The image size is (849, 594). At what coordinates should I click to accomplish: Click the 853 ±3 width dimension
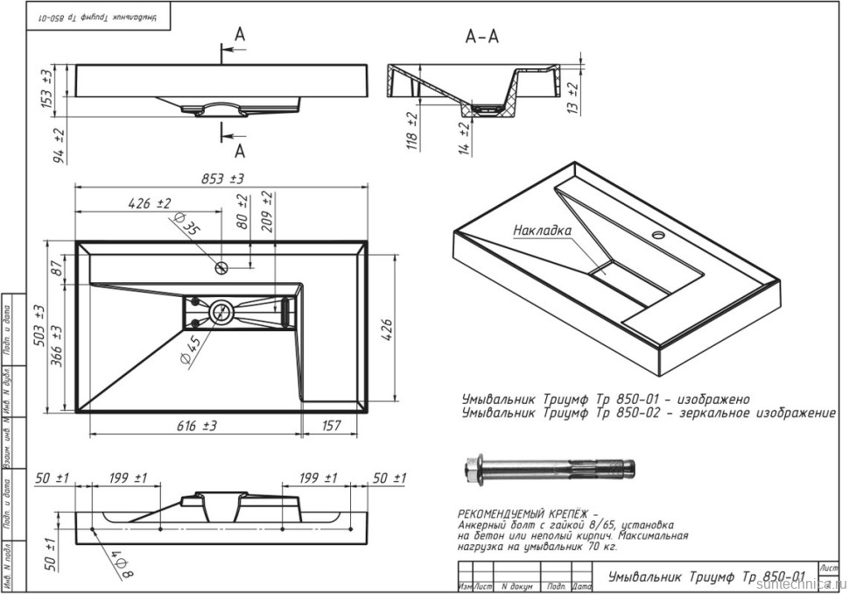pos(223,179)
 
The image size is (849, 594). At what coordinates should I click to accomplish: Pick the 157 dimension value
pos(331,426)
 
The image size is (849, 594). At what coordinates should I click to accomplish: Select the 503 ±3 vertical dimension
pos(39,326)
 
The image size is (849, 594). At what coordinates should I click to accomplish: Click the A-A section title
pos(482,37)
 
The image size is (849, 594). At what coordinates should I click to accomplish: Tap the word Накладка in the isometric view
pos(542,230)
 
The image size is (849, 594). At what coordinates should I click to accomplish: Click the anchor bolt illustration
pos(547,472)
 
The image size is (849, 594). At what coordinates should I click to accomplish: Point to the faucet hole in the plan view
pos(223,265)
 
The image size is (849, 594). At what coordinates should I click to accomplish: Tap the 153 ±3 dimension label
pos(47,88)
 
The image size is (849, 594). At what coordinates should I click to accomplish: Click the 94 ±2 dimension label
pos(60,145)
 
